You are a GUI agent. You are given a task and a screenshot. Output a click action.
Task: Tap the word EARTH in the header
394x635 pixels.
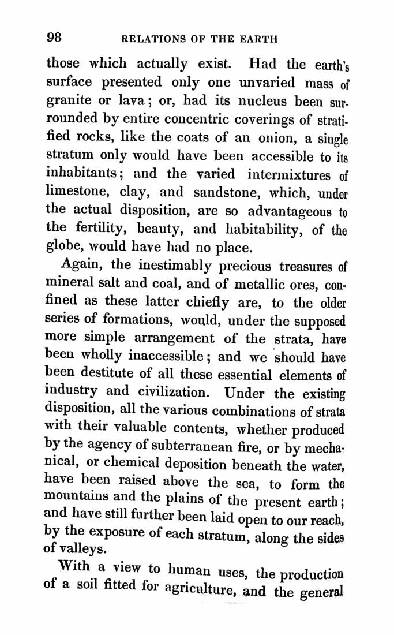click(257, 39)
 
